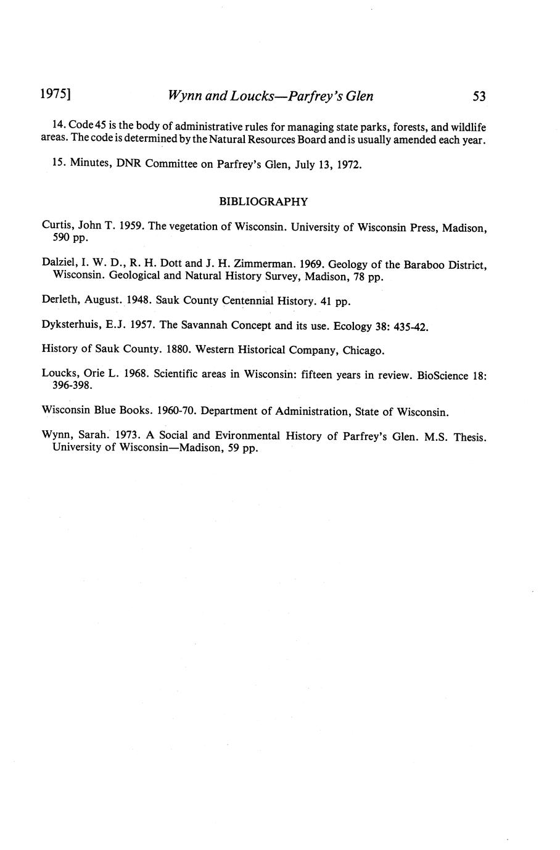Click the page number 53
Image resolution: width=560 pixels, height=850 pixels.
(479, 96)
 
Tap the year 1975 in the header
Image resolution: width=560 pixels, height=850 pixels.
(54, 95)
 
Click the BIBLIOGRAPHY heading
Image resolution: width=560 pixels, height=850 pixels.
(263, 201)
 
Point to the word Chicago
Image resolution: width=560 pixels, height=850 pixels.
(363, 351)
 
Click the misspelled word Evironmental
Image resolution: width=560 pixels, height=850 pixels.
(242, 436)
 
